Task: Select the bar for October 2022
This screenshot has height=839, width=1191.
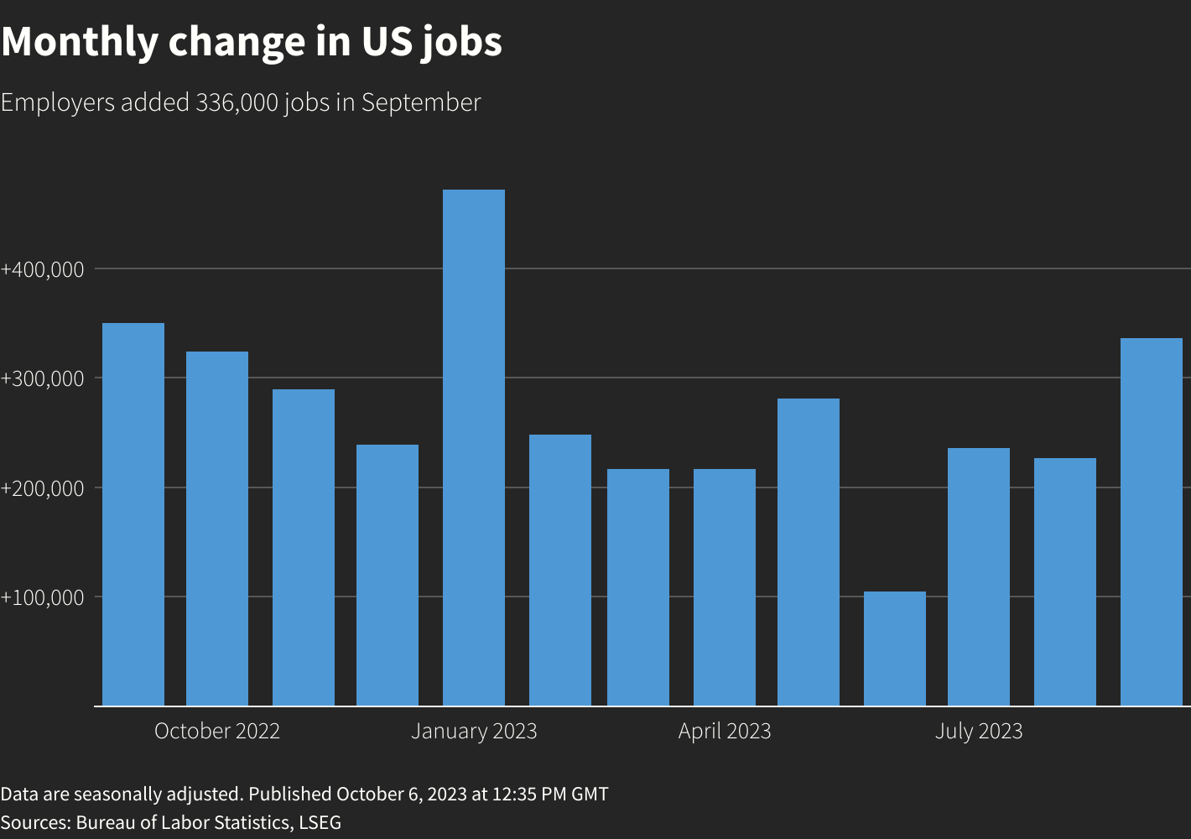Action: click(217, 529)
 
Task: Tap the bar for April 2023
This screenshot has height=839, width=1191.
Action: click(724, 587)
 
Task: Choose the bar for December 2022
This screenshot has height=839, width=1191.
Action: click(387, 575)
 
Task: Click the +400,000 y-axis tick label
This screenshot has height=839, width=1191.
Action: click(43, 269)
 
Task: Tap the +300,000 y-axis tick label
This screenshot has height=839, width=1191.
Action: click(43, 378)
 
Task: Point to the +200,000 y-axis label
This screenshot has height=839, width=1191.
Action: click(43, 488)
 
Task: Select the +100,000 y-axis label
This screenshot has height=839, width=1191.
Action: click(43, 597)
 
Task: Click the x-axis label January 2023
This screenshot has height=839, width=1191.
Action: click(474, 731)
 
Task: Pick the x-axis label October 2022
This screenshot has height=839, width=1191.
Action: click(217, 731)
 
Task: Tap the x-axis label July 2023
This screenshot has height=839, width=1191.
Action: click(979, 731)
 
